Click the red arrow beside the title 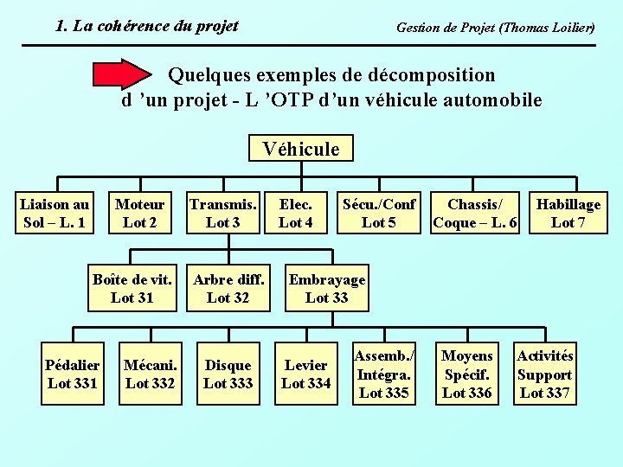[x=121, y=76]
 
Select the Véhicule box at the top [x=300, y=149]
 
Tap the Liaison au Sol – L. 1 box [x=55, y=214]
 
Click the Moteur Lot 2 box [x=139, y=214]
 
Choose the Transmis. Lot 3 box [x=222, y=214]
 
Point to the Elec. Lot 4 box [x=296, y=214]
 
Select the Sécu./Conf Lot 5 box [x=378, y=214]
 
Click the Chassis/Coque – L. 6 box [x=474, y=214]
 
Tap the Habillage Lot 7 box [x=568, y=214]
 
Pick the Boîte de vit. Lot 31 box [x=132, y=289]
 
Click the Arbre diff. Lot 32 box [x=228, y=289]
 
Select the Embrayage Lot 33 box [x=326, y=289]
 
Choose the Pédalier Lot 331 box [x=72, y=374]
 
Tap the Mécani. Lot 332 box [x=150, y=374]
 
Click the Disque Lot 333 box [x=228, y=374]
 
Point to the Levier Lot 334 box [x=305, y=374]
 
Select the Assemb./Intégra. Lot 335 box [x=383, y=374]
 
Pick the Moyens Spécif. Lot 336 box [x=467, y=374]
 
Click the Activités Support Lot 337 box [x=545, y=374]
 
